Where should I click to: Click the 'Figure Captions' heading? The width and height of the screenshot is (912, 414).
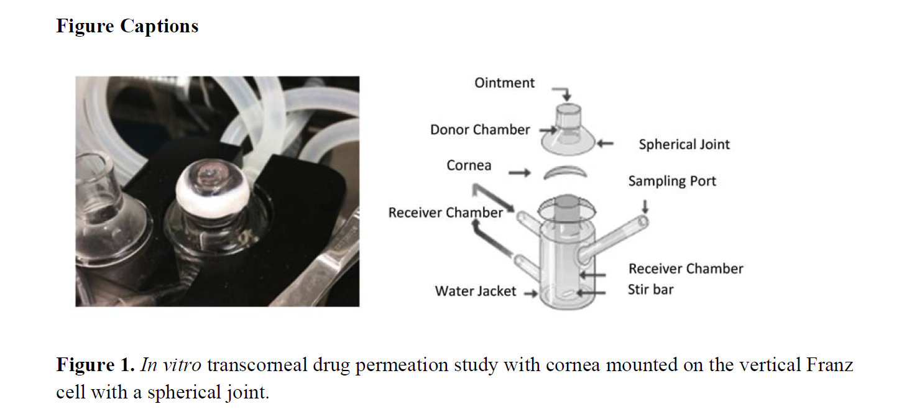(127, 27)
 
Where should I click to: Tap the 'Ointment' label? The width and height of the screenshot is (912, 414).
(504, 83)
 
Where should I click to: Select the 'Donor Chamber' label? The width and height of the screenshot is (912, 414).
(480, 130)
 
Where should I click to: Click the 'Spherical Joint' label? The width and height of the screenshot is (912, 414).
(684, 145)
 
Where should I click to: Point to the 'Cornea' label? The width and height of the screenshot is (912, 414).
(469, 165)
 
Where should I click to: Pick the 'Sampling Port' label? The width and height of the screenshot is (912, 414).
(671, 182)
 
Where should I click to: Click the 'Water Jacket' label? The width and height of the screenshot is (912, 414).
(475, 291)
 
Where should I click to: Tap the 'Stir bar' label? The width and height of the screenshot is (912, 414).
(650, 290)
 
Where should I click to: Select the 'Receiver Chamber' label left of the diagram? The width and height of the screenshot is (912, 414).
(445, 213)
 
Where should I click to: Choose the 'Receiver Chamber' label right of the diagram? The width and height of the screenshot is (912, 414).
(685, 269)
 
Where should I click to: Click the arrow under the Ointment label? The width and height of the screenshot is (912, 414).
(564, 94)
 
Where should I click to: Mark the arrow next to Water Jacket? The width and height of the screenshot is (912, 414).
(530, 294)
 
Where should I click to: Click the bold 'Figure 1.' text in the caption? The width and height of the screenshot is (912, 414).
(95, 365)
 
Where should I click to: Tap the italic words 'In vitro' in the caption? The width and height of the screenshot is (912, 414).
(171, 365)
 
